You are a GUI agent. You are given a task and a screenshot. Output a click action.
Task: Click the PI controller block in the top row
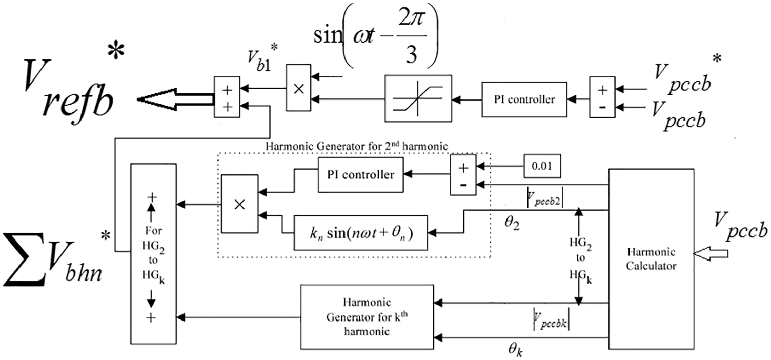coord(526,99)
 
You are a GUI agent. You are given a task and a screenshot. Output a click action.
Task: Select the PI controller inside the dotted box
coord(360,175)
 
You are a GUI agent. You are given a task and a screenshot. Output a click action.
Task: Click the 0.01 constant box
coord(542,166)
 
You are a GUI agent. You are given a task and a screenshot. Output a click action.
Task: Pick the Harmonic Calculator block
coord(651,260)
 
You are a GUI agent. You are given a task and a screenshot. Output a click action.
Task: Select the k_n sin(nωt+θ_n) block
coord(361,233)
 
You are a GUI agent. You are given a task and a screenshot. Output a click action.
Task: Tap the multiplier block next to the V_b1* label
coord(298,88)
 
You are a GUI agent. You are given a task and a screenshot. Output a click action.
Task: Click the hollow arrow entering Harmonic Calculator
coord(711,253)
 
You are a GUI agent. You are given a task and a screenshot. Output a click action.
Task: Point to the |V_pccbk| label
coord(550,323)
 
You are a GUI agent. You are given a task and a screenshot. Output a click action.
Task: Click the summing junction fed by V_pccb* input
coord(602,99)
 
